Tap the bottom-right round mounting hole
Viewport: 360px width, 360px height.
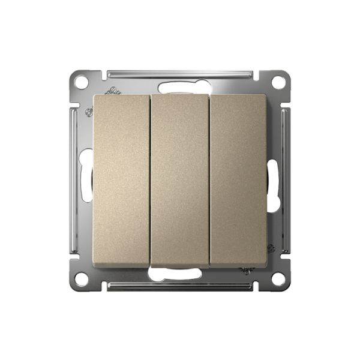click(x=278, y=278)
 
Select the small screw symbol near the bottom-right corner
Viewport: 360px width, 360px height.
click(x=270, y=248)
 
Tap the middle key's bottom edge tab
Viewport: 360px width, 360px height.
click(x=180, y=266)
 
